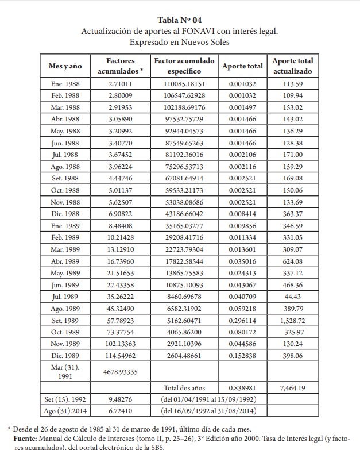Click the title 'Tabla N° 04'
pyautogui.click(x=180, y=21)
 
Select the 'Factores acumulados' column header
pyautogui.click(x=121, y=66)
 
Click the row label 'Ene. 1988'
pyautogui.click(x=65, y=84)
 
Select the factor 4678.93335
pyautogui.click(x=121, y=371)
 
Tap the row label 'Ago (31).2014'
pyautogui.click(x=65, y=411)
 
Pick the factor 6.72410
pyautogui.click(x=121, y=411)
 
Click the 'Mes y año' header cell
pyautogui.click(x=65, y=66)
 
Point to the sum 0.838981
pyautogui.click(x=242, y=388)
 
